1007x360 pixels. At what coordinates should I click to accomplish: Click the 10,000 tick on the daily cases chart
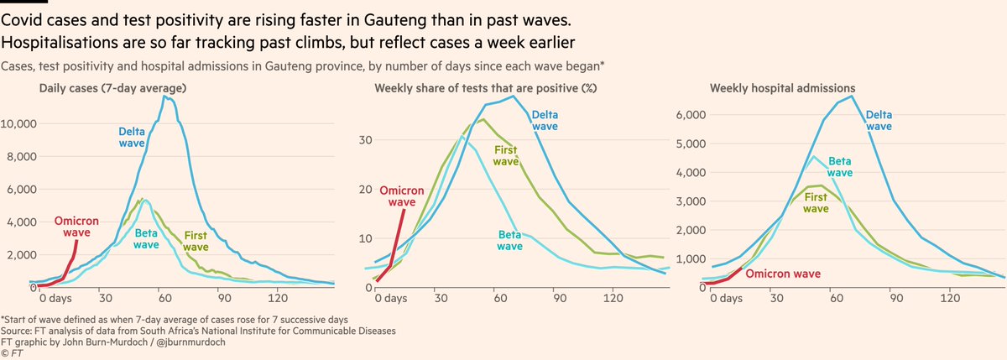click(20, 123)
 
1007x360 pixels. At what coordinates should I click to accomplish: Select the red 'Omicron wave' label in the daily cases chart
click(76, 227)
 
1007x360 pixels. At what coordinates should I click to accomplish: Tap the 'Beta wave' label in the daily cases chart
click(146, 239)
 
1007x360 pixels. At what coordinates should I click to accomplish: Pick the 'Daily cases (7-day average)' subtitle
click(112, 88)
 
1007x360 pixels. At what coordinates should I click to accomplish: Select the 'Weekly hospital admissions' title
click(769, 88)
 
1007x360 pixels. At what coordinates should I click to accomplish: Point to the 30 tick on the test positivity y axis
click(364, 140)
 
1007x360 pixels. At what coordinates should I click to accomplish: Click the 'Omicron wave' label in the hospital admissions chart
click(782, 274)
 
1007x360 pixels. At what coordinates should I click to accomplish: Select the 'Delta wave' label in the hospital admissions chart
click(879, 120)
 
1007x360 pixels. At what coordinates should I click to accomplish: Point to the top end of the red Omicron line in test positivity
click(404, 210)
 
